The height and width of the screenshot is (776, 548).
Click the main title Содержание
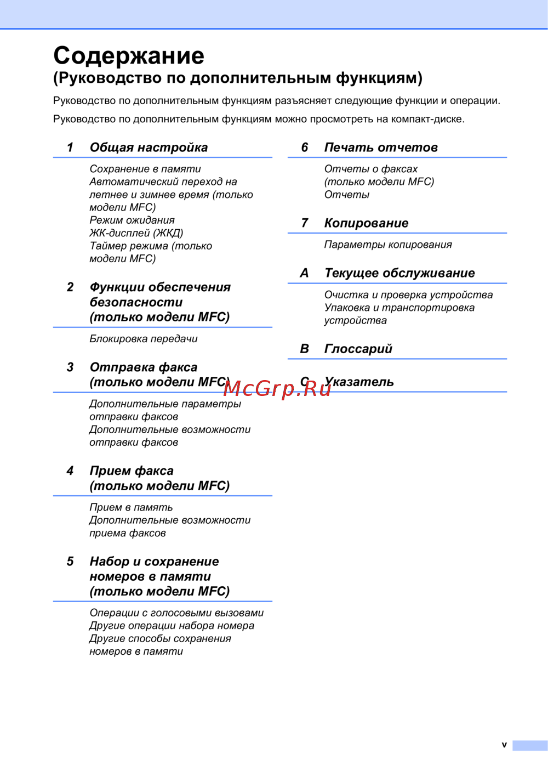(x=129, y=56)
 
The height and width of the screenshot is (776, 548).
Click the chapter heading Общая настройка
(x=149, y=148)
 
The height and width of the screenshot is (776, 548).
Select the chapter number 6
(x=305, y=148)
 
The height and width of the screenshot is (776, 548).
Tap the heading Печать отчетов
(x=381, y=148)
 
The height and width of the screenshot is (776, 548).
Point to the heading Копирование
(x=366, y=223)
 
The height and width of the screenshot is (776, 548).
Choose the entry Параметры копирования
(x=388, y=245)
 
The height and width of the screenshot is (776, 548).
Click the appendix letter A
(x=304, y=273)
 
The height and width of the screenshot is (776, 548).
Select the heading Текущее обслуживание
(x=399, y=273)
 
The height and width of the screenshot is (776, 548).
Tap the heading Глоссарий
(x=358, y=349)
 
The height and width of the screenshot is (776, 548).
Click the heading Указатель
(x=359, y=382)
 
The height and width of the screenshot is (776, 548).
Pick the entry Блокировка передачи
(x=144, y=339)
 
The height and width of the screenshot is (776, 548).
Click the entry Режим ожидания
(x=132, y=220)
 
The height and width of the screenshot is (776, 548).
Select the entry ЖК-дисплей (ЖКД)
(x=136, y=233)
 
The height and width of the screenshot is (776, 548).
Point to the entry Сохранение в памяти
(x=145, y=169)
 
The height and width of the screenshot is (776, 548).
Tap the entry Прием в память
(x=131, y=507)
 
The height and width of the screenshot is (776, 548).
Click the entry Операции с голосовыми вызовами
(x=176, y=613)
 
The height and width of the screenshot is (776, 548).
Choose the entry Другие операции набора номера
(x=172, y=626)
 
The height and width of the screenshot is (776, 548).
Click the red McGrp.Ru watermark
(x=277, y=388)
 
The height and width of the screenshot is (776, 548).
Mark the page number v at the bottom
(x=504, y=745)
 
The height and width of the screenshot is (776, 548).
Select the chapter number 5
(x=70, y=562)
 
